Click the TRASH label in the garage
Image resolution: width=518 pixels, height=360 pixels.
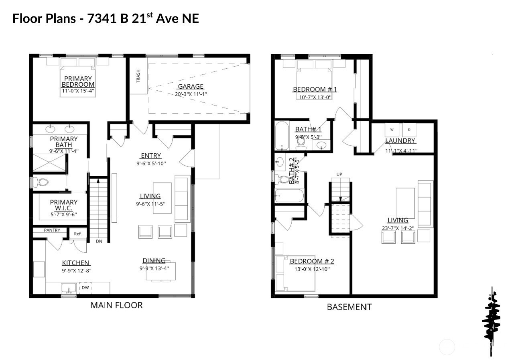[138, 76]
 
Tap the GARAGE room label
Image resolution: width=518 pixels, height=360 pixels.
[191, 86]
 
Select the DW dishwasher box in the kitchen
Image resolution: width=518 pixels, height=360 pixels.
[85, 288]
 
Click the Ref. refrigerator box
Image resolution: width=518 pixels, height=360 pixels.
[78, 234]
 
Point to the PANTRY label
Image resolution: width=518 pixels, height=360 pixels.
[52, 230]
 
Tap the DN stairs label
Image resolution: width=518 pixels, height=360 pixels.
[99, 241]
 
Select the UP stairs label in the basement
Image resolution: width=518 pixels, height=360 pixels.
[339, 174]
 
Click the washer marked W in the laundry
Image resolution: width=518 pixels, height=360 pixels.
[392, 130]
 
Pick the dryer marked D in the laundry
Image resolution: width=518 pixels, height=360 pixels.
[409, 130]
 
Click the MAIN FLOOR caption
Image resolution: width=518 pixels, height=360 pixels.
[116, 305]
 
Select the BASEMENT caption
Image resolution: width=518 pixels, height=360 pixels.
[349, 307]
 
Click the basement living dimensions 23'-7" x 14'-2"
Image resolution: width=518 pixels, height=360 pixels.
[398, 229]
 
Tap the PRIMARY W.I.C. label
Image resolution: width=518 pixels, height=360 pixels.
[64, 205]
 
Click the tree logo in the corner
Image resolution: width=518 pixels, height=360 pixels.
[492, 321]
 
